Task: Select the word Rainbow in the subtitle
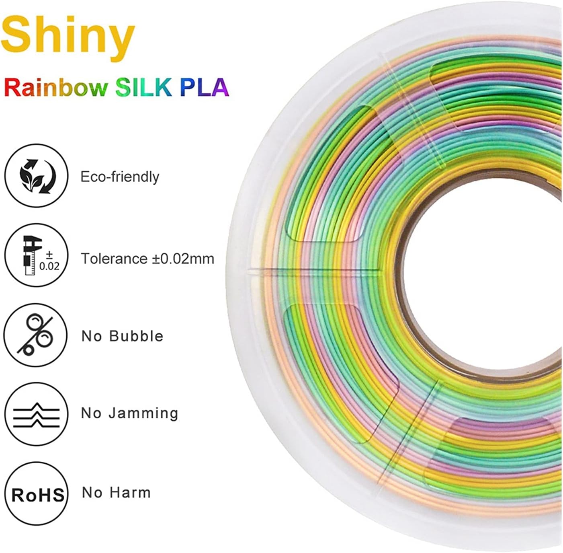[56, 87]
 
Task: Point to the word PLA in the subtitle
[204, 87]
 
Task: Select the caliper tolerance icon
[36, 255]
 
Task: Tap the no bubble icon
[36, 335]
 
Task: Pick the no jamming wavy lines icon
[36, 414]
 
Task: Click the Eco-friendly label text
[120, 177]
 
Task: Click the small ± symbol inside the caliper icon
[49, 254]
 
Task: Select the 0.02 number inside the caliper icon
[49, 266]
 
